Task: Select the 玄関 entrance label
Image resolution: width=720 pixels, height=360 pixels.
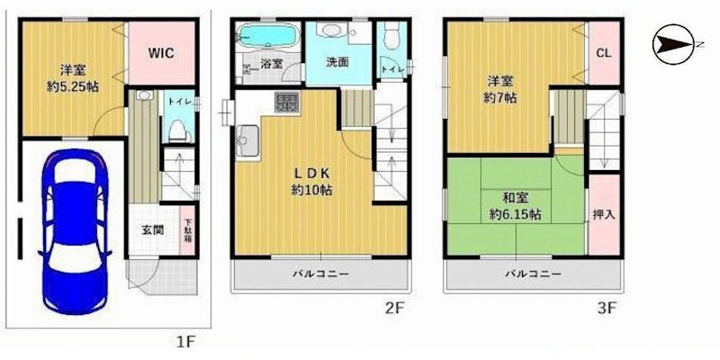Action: point(151,230)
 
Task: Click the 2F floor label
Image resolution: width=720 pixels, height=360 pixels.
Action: point(392,308)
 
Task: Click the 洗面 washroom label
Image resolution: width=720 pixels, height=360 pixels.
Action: point(337,63)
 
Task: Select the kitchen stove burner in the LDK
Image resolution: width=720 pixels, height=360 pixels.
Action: point(287,102)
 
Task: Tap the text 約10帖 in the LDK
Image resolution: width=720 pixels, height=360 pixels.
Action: point(311,190)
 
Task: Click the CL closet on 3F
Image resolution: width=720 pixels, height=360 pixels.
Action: point(603,53)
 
